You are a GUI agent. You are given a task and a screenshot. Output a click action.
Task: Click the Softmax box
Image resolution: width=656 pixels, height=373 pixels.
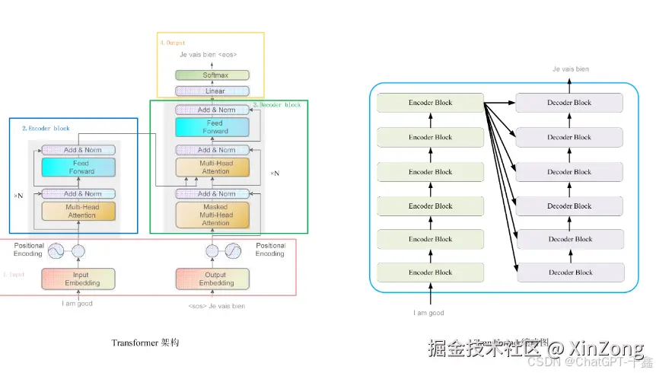[212, 75]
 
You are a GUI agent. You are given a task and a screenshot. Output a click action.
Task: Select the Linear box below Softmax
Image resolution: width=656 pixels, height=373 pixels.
[212, 91]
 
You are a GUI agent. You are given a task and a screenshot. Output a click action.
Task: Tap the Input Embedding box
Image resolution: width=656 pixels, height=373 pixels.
[78, 279]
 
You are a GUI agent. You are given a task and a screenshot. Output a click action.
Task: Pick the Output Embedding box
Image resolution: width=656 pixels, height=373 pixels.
[216, 279]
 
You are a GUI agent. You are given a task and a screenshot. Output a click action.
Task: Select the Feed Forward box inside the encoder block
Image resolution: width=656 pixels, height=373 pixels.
[78, 167]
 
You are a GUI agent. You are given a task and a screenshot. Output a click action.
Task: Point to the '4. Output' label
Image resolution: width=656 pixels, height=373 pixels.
[173, 43]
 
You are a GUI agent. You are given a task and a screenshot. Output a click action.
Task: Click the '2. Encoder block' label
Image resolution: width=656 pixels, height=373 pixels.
[45, 129]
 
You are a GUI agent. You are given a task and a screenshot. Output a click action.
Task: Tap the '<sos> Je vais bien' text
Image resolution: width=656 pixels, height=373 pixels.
[216, 306]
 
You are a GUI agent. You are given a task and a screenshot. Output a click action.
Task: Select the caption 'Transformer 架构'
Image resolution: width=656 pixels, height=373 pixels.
[145, 343]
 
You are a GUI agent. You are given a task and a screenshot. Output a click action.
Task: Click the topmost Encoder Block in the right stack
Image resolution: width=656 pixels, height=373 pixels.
[430, 103]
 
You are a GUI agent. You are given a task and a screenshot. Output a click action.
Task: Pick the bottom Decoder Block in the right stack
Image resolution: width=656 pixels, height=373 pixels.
[570, 273]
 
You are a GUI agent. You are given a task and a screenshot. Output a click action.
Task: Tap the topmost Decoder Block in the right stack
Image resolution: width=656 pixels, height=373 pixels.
[570, 103]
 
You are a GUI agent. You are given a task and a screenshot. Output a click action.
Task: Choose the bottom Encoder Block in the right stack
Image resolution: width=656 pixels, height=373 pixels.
[430, 273]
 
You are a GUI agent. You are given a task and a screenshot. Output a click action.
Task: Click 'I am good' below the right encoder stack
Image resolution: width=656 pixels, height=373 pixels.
[428, 313]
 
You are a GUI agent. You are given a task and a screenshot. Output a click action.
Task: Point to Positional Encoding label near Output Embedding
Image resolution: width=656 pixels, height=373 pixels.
[270, 250]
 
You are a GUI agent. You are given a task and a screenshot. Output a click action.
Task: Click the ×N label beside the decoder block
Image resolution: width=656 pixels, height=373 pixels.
[275, 174]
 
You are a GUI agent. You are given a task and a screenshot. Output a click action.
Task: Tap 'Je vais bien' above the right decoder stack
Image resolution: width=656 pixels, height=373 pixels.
[570, 69]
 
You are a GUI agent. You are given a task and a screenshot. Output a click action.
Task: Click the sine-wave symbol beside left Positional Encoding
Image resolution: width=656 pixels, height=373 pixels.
[56, 250]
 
